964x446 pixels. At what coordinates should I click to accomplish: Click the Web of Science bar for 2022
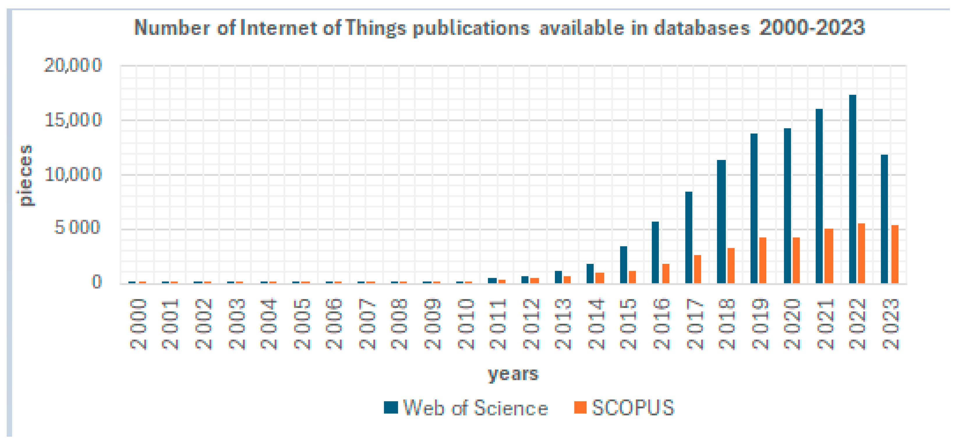[x=852, y=189]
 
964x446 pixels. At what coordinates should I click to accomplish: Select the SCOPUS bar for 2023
[x=894, y=254]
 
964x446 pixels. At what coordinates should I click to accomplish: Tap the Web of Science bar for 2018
[x=721, y=221]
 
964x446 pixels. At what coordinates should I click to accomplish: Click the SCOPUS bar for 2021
[x=829, y=256]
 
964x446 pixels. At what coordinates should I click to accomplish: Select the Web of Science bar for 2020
[x=787, y=206]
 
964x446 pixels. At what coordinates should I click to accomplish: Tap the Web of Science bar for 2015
[x=623, y=265]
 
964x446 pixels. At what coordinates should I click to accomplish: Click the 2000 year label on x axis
[x=138, y=324]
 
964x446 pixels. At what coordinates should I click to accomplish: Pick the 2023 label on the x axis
[x=891, y=324]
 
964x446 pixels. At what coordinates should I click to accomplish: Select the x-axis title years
[x=513, y=374]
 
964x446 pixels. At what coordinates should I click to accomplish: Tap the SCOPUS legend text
[x=632, y=408]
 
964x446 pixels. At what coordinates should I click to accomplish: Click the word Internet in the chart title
[x=278, y=28]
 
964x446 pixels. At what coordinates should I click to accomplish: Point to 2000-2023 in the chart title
[x=812, y=28]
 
